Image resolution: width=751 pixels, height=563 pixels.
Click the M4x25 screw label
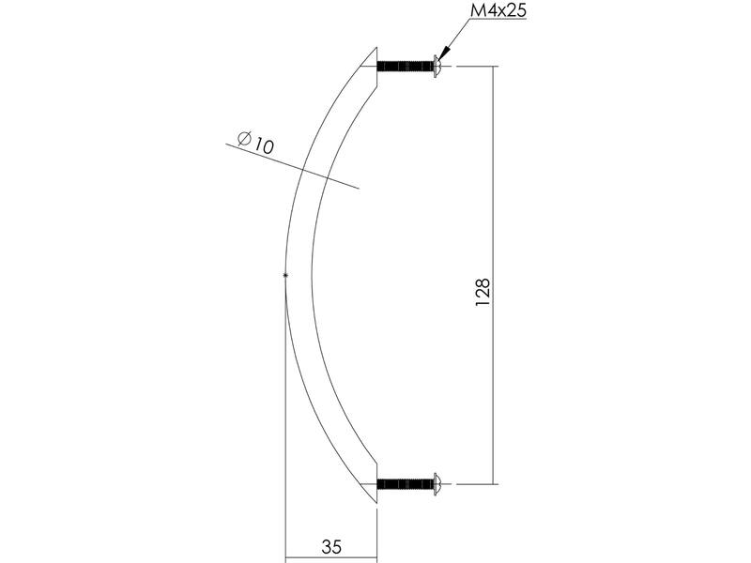[x=498, y=10]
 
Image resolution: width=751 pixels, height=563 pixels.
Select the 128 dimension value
[x=483, y=293]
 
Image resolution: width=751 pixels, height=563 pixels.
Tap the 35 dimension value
[x=331, y=547]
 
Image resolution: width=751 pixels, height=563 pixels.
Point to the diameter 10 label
[x=255, y=142]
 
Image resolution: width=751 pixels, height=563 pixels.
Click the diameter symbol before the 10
[x=245, y=138]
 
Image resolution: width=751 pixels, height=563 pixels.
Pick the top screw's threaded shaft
[x=406, y=66]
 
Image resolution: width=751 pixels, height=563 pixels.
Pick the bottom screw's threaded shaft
[x=406, y=484]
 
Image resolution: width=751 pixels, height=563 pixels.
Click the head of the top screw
[x=437, y=66]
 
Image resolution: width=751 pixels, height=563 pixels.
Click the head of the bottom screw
[x=437, y=484]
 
